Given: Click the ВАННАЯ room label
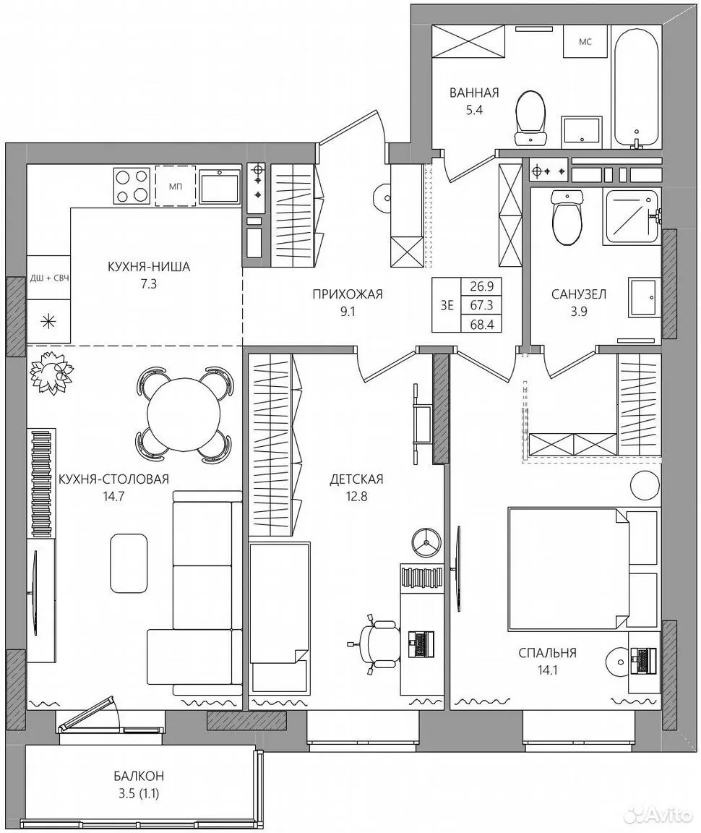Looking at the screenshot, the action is (474, 93).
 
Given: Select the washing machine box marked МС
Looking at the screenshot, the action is (585, 41).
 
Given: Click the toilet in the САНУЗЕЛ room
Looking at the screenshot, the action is (567, 217).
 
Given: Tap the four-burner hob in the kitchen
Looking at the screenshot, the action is (132, 185).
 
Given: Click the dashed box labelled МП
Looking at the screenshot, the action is (175, 186).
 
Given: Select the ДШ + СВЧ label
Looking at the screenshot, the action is (48, 278).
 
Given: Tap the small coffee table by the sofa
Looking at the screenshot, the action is (129, 563).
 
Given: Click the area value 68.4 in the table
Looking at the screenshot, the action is (482, 324).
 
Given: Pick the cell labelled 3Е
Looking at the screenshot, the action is (447, 305).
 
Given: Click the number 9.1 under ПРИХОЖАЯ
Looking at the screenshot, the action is (348, 312).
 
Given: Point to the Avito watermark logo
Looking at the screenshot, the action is (658, 814).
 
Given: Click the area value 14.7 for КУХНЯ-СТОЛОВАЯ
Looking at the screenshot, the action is (113, 497).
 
